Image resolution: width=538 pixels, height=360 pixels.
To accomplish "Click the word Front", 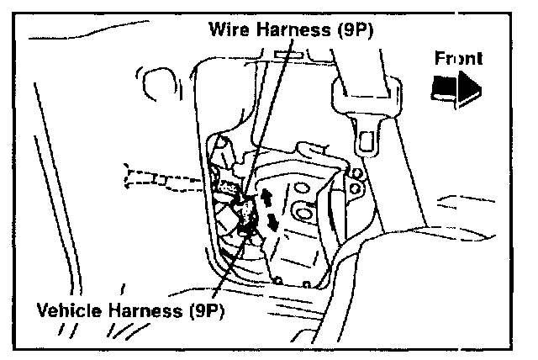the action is coord(458,60).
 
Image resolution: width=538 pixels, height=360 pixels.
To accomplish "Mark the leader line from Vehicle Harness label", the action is coord(228,269).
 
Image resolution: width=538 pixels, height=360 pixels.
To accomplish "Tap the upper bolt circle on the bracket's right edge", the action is coord(355,174).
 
